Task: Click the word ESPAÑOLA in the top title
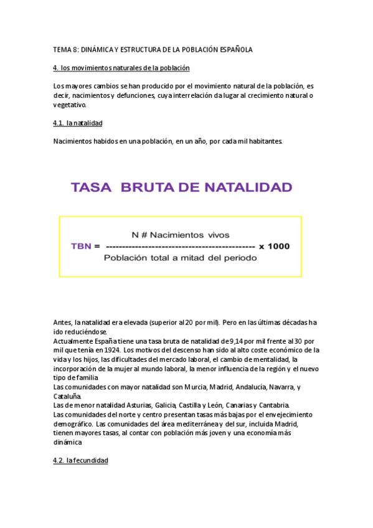[x=234, y=49]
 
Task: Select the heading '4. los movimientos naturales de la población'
[x=121, y=67]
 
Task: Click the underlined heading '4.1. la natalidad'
[x=78, y=123]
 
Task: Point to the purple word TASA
[x=92, y=187]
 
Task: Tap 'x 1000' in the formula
[x=274, y=246]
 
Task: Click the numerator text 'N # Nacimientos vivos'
[x=181, y=235]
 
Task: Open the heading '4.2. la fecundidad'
[x=81, y=460]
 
